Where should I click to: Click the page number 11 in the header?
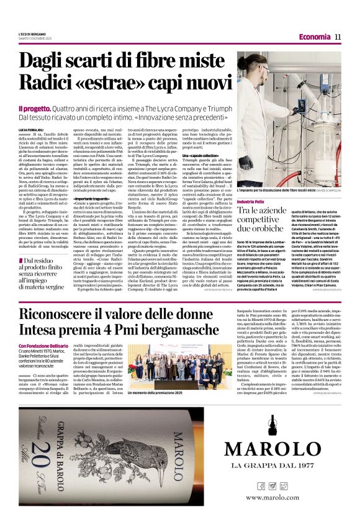(x=338, y=37)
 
